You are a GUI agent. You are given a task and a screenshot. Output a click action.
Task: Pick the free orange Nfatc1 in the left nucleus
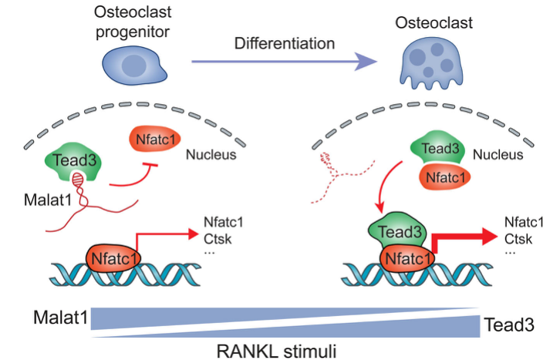tap(150, 142)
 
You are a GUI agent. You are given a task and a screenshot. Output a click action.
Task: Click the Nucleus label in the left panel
tap(210, 156)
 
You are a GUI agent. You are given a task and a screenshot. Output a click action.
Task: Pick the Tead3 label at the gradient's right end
tap(510, 325)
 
